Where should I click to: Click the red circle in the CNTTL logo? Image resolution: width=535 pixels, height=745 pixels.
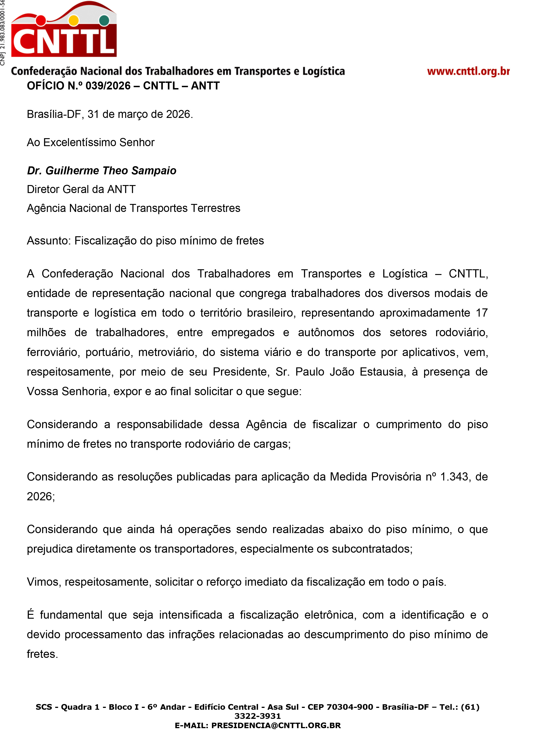click(41, 20)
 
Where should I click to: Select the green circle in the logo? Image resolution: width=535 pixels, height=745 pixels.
click(104, 20)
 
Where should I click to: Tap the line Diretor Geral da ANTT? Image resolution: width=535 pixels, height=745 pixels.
click(81, 190)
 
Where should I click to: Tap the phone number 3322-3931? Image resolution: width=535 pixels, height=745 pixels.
click(257, 716)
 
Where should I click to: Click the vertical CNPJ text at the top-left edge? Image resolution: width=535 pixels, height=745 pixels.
click(3, 33)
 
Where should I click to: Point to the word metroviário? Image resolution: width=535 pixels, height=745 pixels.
click(167, 352)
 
